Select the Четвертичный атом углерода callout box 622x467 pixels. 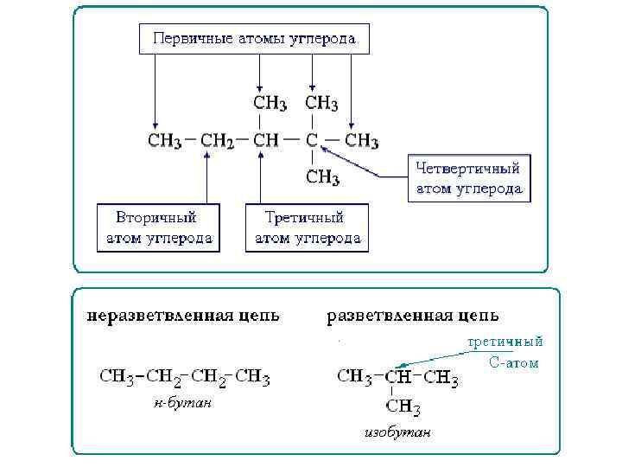point(468,179)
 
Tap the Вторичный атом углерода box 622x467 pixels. point(158,227)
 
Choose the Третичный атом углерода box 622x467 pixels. point(307,227)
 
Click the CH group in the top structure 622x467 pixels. point(266,141)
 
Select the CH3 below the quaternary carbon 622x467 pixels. point(322,178)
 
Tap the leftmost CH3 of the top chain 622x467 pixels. point(165,141)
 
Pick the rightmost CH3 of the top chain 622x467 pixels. point(362,140)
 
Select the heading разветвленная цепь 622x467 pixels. point(412,316)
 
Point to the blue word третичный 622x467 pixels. point(505,342)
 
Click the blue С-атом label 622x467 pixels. point(513,363)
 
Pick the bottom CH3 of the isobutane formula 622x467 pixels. point(403,406)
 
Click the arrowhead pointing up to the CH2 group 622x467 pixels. point(208,157)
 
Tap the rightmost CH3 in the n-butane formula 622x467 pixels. point(253,377)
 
